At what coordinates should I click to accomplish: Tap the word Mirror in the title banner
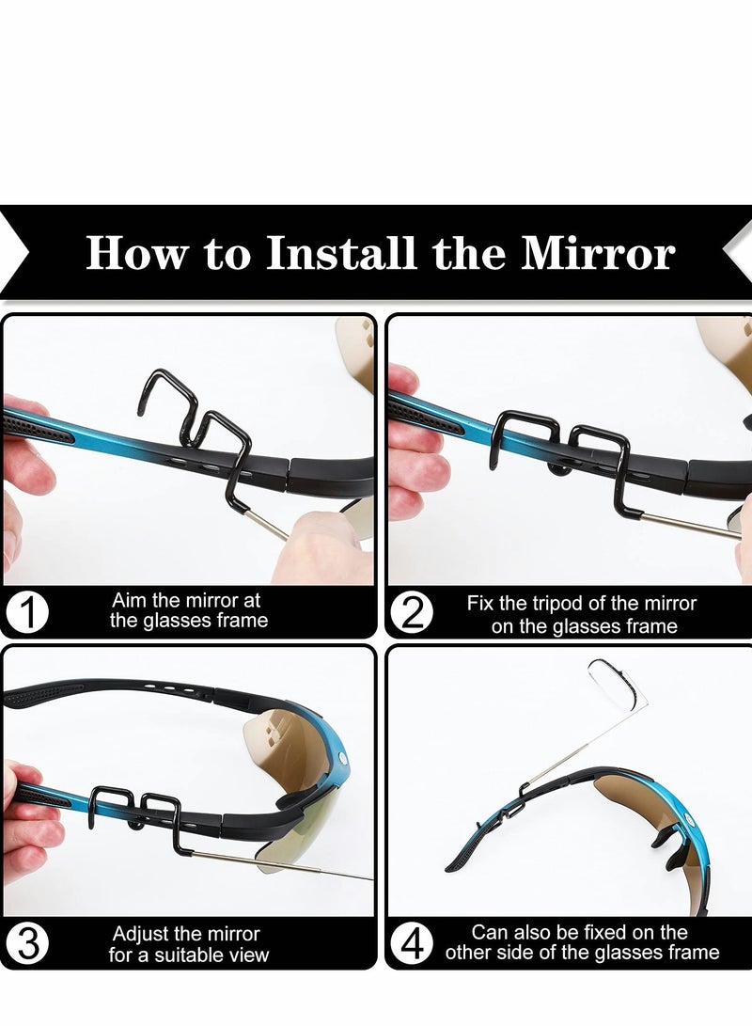coord(598,253)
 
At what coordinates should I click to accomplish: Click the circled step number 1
coord(27,612)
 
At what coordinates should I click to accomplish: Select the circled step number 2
coord(412,612)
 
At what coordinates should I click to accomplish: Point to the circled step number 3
coord(27,943)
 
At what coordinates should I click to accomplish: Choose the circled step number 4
coord(412,943)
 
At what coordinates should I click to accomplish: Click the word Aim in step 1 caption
coord(130,600)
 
